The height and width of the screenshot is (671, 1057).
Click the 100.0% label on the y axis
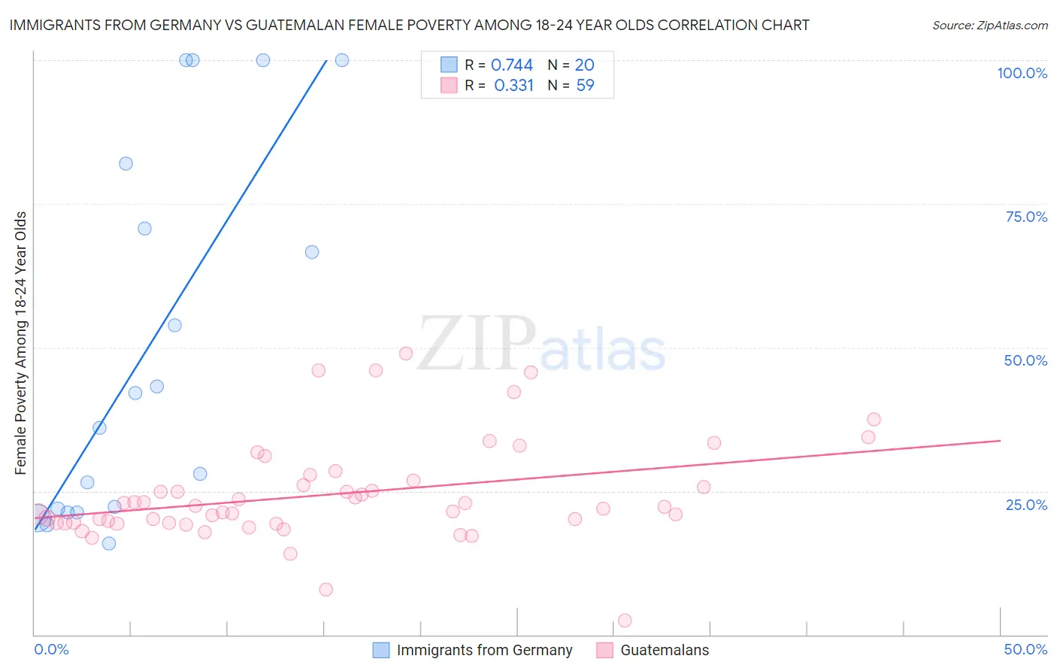[1022, 73]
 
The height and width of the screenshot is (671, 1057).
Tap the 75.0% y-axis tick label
[1026, 217]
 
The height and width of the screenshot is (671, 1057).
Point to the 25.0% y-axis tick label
[1026, 504]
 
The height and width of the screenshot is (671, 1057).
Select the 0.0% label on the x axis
[51, 649]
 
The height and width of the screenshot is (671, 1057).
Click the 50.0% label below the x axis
[1025, 649]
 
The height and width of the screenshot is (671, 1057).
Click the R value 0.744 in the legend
[511, 65]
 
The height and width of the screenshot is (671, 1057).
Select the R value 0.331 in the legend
[513, 86]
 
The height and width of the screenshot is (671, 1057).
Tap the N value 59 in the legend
[585, 86]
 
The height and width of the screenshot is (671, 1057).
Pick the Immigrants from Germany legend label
[484, 650]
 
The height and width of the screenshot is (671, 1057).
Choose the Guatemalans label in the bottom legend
[665, 650]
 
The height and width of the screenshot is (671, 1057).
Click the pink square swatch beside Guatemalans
[604, 650]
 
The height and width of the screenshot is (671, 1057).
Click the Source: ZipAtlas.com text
[989, 25]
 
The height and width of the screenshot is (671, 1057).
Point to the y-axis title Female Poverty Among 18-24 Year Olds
[21, 343]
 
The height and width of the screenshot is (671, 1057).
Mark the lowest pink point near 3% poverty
[625, 621]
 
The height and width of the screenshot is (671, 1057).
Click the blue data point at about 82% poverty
[126, 164]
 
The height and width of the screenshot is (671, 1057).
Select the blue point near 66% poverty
[312, 252]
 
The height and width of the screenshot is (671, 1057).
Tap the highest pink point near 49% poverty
[406, 354]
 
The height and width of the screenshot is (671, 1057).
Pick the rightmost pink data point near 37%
[874, 420]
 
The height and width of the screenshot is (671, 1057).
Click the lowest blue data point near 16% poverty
[109, 543]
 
